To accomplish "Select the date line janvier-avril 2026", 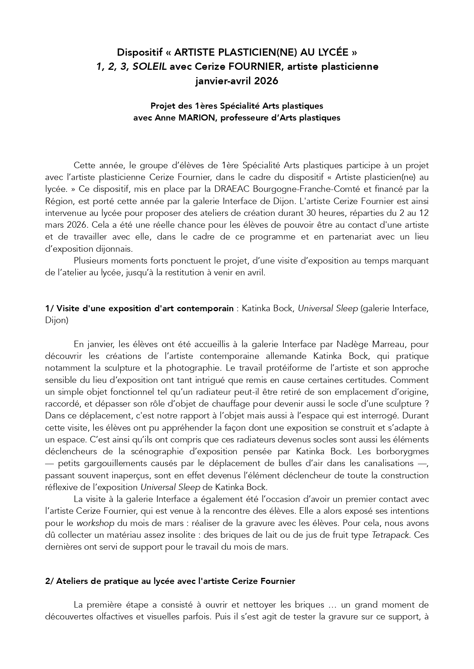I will tap(236, 81).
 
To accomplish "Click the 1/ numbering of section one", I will tap(49, 308).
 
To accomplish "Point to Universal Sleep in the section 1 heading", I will tap(327, 308).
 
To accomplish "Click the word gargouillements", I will tap(94, 463).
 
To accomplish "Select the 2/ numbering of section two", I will tap(50, 581).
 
